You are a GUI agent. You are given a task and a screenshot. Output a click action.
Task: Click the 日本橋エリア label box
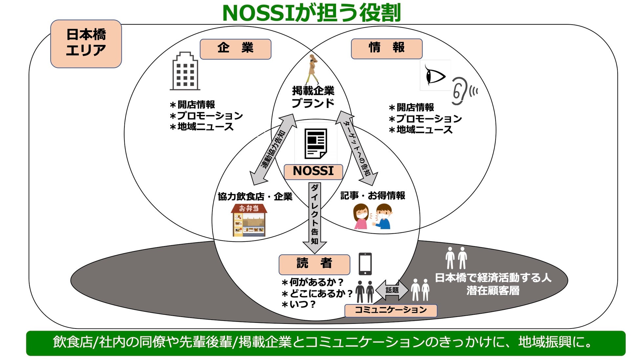pyautogui.click(x=86, y=44)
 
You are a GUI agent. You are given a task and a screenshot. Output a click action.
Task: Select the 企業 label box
pyautogui.click(x=235, y=49)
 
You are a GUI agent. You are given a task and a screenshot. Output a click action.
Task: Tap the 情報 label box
pyautogui.click(x=386, y=49)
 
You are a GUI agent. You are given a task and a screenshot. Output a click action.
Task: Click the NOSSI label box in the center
pyautogui.click(x=313, y=172)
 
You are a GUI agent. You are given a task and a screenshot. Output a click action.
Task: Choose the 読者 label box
pyautogui.click(x=314, y=264)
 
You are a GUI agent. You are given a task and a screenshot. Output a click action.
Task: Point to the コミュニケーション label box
pyautogui.click(x=391, y=310)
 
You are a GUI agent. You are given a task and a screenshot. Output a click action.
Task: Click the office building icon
pyautogui.click(x=185, y=71)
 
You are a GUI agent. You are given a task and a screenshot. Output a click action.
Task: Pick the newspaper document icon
pyautogui.click(x=315, y=144)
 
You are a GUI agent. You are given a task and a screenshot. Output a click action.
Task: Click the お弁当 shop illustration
pyautogui.click(x=249, y=220)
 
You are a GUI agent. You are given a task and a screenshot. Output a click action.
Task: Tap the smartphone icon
pyautogui.click(x=365, y=264)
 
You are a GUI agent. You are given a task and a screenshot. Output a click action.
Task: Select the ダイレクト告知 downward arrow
pyautogui.click(x=314, y=217)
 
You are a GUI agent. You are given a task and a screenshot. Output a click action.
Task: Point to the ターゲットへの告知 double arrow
pyautogui.click(x=357, y=148)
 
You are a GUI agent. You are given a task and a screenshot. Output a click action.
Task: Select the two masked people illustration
pyautogui.click(x=373, y=216)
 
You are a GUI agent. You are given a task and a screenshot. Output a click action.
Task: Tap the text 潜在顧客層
pyautogui.click(x=493, y=291)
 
